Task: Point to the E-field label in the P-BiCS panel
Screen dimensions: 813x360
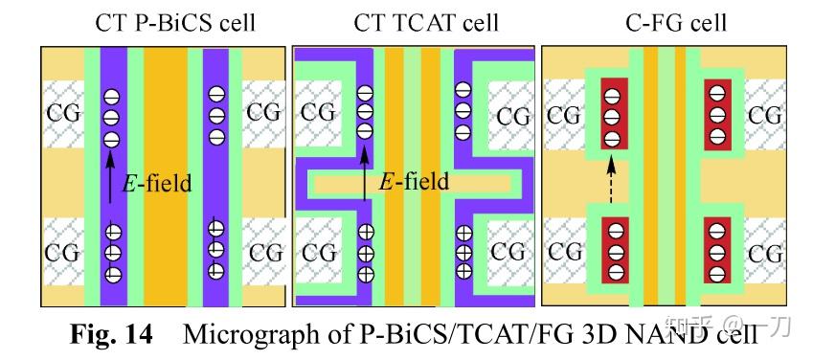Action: click(x=158, y=183)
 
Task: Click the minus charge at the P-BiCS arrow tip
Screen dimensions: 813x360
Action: click(x=112, y=137)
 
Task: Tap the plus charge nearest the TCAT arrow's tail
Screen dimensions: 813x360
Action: click(x=365, y=232)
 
